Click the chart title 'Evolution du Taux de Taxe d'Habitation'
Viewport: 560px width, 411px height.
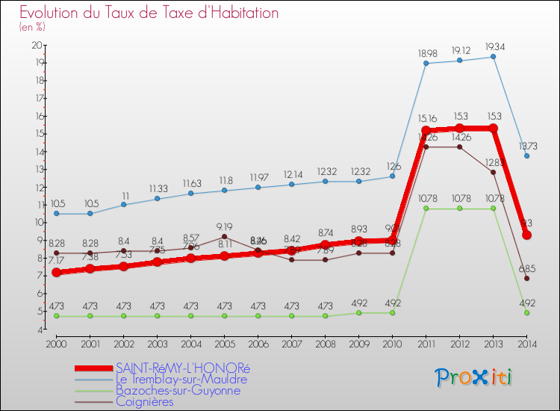[x=149, y=13]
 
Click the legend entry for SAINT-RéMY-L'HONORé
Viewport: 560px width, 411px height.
[x=183, y=368]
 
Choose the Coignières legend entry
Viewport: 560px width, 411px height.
[x=144, y=401]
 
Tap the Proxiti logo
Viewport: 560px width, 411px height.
[x=475, y=377]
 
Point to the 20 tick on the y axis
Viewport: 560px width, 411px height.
[x=37, y=45]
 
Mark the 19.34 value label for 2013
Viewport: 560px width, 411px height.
[x=494, y=46]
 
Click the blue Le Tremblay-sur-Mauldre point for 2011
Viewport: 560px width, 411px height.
[x=426, y=64]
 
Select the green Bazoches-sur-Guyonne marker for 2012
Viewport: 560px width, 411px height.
[x=460, y=208]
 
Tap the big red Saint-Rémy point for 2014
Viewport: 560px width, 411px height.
[x=527, y=235]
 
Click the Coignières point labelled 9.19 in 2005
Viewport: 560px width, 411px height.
[x=225, y=236]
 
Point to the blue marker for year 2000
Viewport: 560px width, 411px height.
[x=57, y=214]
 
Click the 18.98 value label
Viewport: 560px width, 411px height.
[x=426, y=53]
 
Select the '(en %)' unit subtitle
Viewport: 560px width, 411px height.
[x=32, y=27]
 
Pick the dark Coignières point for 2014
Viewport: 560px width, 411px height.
[x=527, y=278]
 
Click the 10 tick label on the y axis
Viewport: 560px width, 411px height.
[x=37, y=222]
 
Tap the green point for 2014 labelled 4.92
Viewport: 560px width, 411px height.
[x=527, y=313]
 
